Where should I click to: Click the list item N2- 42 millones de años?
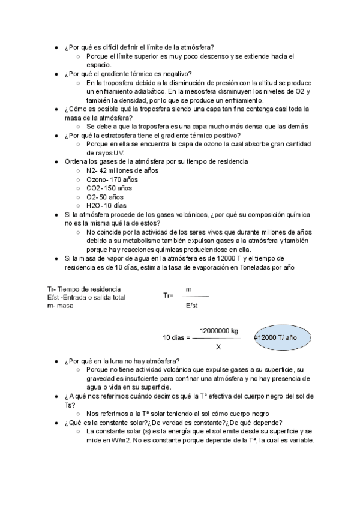[x=122, y=170]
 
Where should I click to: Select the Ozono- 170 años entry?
[x=112, y=179]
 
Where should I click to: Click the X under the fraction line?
[x=218, y=346]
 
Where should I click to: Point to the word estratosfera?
[x=124, y=136]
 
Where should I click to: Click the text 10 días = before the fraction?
[x=176, y=337]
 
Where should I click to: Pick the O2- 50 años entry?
[x=105, y=196]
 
